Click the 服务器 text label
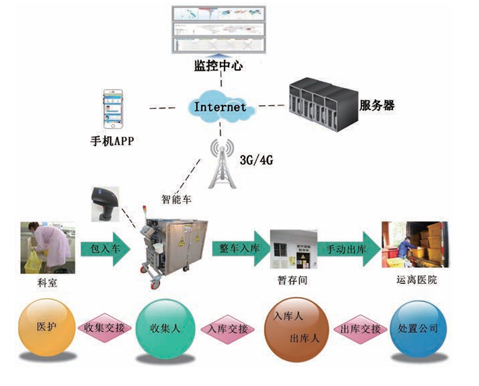click(377, 106)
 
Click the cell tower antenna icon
click(221, 165)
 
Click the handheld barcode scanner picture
click(105, 203)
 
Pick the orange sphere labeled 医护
click(46, 327)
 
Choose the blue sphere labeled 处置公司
click(417, 328)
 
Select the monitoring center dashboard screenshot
click(219, 29)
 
